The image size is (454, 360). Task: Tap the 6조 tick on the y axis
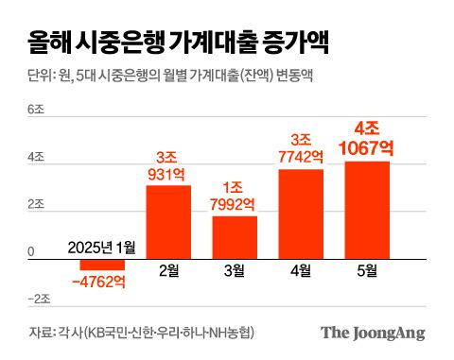[x=36, y=111]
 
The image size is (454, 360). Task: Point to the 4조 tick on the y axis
[x=36, y=158]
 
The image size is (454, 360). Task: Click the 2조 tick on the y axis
[x=36, y=205]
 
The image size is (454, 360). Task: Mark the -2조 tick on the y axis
[x=38, y=300]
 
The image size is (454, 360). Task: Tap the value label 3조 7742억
[x=301, y=149]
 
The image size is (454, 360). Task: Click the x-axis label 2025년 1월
[x=103, y=248]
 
